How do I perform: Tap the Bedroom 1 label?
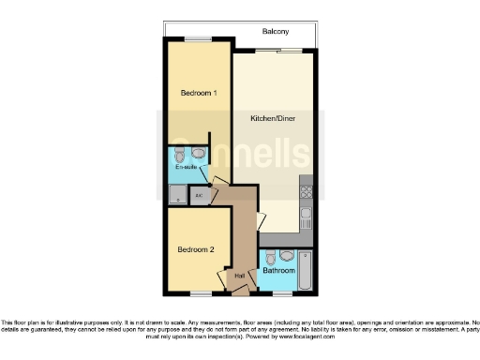(199, 93)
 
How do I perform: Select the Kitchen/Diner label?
(271, 119)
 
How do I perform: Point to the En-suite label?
(184, 167)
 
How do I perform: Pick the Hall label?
(240, 275)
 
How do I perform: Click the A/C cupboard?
(199, 196)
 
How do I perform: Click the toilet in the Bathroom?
(270, 257)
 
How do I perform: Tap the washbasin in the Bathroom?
(288, 254)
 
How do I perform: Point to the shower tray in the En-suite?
(176, 195)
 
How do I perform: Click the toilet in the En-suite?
(177, 154)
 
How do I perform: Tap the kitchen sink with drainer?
(306, 221)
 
